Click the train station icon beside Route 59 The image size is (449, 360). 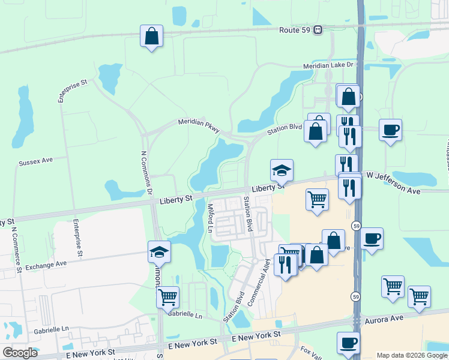pos(318,29)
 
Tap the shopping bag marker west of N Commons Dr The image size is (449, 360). pos(151,36)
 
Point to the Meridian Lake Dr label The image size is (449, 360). pos(328,65)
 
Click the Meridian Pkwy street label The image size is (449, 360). pos(199,125)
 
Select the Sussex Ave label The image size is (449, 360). pos(36,162)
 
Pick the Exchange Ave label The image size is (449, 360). pos(46,264)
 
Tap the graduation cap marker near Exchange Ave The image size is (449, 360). pos(160,252)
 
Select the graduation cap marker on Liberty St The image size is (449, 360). pos(282,170)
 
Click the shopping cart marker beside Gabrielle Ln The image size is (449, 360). pos(167,296)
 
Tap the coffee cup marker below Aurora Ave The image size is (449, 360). pos(348,343)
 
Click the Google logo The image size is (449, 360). pos(20,353)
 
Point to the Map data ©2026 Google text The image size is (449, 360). pos(412,355)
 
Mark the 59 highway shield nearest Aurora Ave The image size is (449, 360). pos(356,297)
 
